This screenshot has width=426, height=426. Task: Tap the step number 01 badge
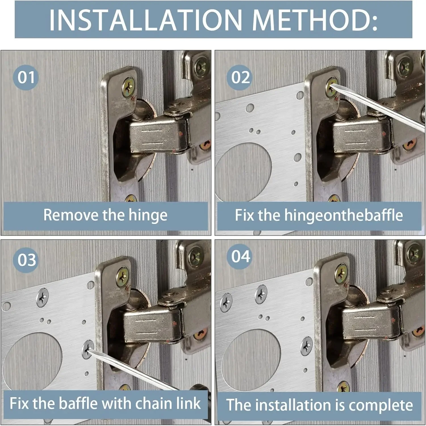tap(26, 78)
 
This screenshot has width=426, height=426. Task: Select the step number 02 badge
tap(240, 78)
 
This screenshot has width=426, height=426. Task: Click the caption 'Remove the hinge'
tap(105, 215)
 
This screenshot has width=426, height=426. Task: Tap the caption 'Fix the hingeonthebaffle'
tap(319, 215)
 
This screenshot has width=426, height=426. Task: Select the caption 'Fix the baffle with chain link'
tap(105, 403)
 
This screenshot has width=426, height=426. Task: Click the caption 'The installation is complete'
tap(319, 405)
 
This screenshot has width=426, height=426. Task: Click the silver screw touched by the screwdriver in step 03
tap(88, 350)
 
